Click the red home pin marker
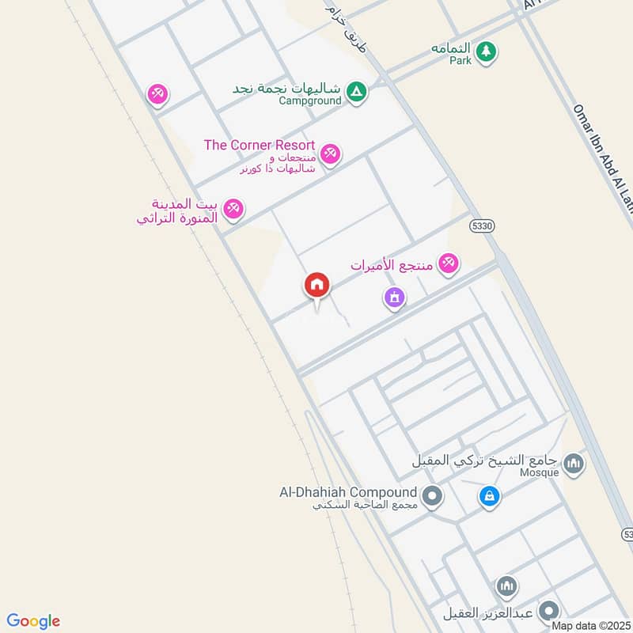pos(317,285)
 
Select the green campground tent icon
pos(358,93)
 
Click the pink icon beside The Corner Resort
pos(331,154)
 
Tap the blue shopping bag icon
pos(490,497)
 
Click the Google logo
pos(33,621)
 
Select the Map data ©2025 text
pos(591,626)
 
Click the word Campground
pos(310,100)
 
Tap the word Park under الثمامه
pos(461,60)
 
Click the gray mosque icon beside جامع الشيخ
pos(574,464)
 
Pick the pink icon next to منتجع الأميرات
pos(449,263)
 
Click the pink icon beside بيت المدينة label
pos(233,209)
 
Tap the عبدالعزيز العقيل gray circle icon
pos(548,612)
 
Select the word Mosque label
pos(540,472)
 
